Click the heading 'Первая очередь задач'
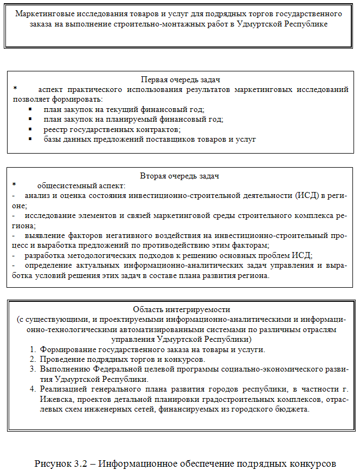coord(180,80)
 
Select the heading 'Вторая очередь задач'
coord(180,176)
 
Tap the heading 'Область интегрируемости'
coord(180,310)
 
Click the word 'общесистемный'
coord(62,186)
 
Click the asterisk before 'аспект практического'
coord(15,88)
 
